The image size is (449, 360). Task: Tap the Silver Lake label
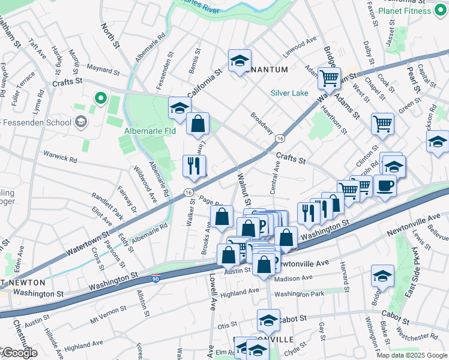tap(289, 93)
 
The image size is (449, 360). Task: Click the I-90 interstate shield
tap(155, 278)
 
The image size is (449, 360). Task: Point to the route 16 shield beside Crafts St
tap(280, 139)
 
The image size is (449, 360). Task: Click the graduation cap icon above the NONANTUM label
tap(239, 60)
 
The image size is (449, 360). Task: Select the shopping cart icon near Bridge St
tap(329, 77)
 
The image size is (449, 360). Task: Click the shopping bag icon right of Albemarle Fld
tap(197, 124)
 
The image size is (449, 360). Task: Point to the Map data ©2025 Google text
tap(411, 355)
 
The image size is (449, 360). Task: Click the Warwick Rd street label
tap(60, 160)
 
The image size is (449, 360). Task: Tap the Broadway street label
tap(262, 122)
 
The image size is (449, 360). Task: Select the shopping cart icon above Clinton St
tap(382, 124)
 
